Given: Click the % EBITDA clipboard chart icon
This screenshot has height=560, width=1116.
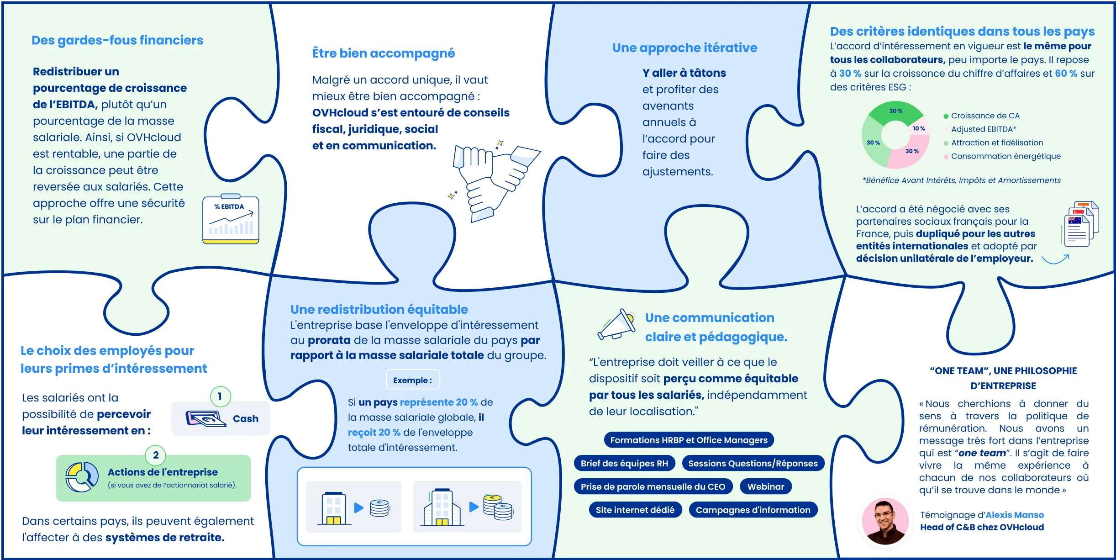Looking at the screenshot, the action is (x=231, y=220).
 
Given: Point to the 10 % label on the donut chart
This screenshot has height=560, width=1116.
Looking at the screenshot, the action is (x=919, y=129).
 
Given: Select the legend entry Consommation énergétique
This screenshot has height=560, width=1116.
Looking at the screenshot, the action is (x=1005, y=156).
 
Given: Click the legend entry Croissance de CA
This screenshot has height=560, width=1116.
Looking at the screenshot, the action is (x=984, y=116).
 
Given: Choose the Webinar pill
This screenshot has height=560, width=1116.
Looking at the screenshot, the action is (x=765, y=486).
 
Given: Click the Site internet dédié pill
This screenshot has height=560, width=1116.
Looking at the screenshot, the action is (x=635, y=510).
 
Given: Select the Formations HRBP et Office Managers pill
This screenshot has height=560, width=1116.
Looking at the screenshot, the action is (x=689, y=440).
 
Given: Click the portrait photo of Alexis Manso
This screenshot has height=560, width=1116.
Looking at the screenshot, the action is (x=885, y=521).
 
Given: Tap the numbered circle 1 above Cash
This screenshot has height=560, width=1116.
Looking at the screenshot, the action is (x=220, y=396).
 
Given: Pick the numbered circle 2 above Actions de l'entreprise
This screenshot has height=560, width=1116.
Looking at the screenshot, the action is (x=156, y=455).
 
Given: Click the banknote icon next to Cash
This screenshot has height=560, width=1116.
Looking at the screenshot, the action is (x=206, y=418).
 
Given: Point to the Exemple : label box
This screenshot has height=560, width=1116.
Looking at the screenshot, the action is (x=412, y=380).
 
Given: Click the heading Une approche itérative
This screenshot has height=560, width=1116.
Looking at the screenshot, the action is (x=684, y=48).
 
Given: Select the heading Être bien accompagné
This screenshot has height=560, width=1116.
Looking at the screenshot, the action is (x=383, y=53).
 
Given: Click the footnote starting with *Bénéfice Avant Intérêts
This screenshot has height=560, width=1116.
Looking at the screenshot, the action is (x=961, y=180).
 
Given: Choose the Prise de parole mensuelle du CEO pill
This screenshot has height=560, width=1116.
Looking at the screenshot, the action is (x=653, y=486).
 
